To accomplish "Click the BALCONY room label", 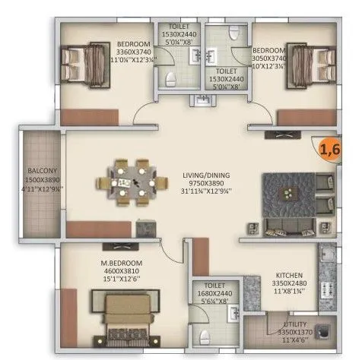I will [40, 170].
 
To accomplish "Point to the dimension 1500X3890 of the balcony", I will [40, 178].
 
